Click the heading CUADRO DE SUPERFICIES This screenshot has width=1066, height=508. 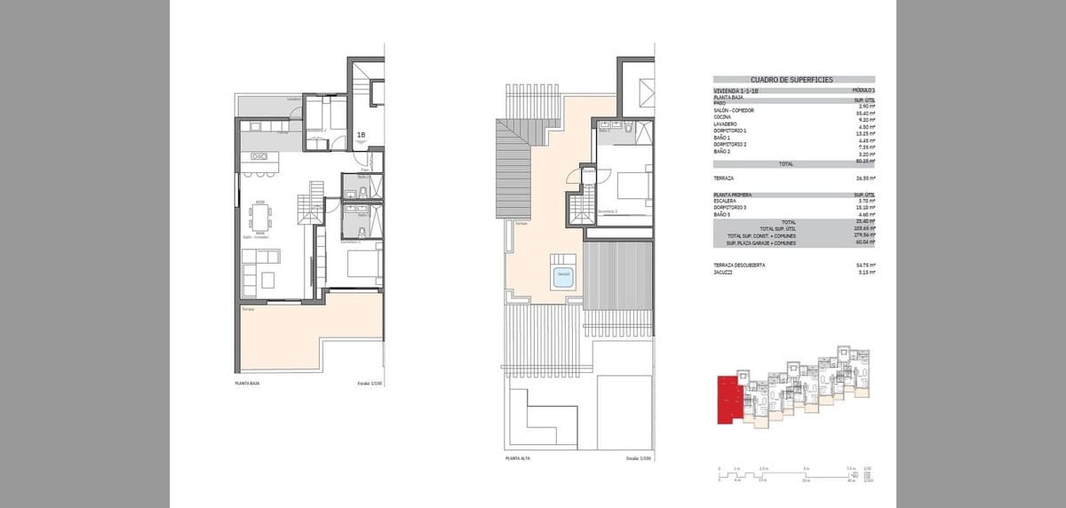792,80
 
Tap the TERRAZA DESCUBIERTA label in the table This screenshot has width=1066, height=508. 739,265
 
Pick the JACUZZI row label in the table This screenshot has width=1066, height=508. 723,273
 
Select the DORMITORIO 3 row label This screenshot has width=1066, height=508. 730,208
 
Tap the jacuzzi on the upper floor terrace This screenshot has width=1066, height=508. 563,275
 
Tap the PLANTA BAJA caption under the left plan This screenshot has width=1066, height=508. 247,384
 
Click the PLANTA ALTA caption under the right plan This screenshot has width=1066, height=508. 517,458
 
